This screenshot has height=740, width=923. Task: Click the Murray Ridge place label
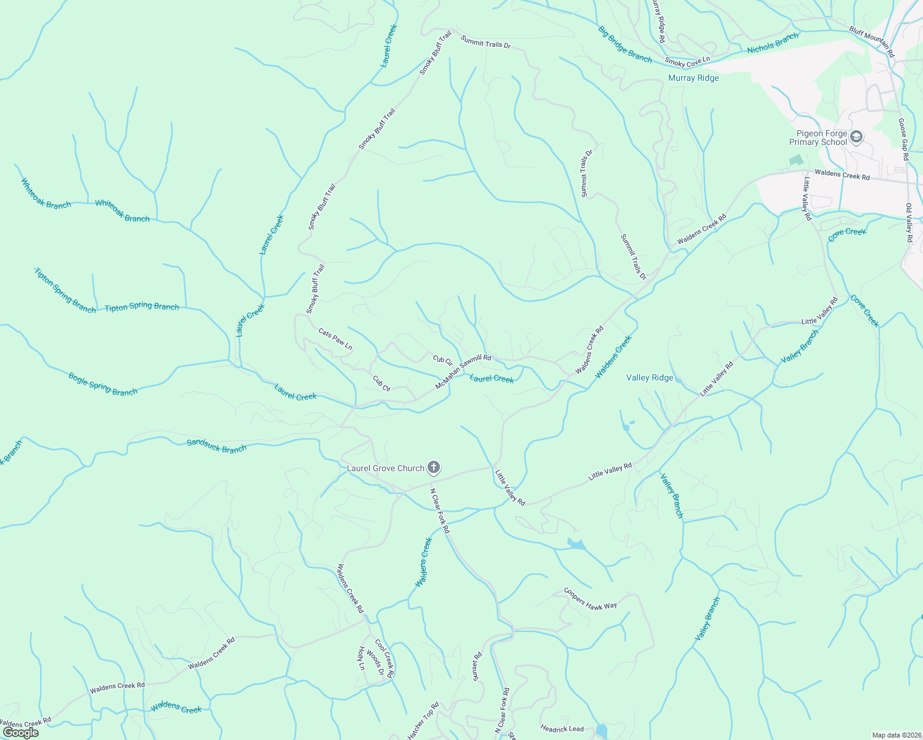(x=693, y=78)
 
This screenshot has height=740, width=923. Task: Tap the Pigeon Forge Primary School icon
(x=856, y=137)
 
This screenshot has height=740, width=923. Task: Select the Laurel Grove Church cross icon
(x=434, y=468)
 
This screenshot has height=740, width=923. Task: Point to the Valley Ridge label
(x=650, y=378)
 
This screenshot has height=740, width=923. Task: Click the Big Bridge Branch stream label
(x=624, y=44)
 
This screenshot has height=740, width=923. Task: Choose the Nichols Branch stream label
(x=772, y=43)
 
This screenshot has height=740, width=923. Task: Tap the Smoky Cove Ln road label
(x=687, y=62)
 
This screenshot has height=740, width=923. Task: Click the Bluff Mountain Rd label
(x=871, y=41)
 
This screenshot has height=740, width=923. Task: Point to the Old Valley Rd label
(x=909, y=222)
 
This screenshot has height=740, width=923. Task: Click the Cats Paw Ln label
(x=335, y=339)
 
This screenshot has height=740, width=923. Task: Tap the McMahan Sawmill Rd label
(x=463, y=371)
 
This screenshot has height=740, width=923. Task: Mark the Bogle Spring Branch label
(x=102, y=384)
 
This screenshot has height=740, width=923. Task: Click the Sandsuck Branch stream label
(x=217, y=446)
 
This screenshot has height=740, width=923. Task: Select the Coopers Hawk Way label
(x=590, y=599)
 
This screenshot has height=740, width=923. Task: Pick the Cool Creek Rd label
(x=384, y=659)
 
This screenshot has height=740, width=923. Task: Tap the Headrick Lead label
(x=561, y=729)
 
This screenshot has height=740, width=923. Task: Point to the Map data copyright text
(x=896, y=735)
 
